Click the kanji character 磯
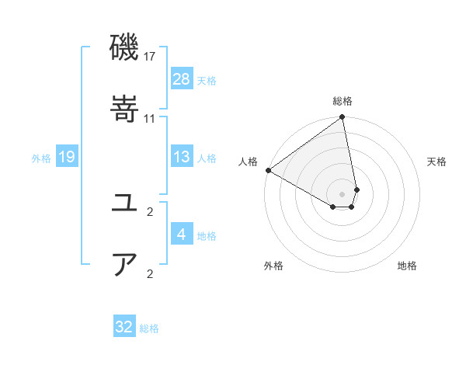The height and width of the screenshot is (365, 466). click(125, 48)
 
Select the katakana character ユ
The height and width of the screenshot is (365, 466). click(125, 203)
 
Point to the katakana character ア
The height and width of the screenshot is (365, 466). click(125, 264)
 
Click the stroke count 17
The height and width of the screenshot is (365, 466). click(150, 57)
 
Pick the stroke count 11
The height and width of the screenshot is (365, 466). click(150, 118)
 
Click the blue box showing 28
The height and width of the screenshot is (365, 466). click(182, 79)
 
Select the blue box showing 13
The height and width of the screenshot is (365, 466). click(182, 157)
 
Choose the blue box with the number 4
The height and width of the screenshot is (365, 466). click(182, 235)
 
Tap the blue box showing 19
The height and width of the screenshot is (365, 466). click(67, 157)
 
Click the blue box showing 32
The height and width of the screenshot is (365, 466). click(124, 327)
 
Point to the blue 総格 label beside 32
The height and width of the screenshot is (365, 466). click(149, 328)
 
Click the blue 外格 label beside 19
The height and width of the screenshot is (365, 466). click(41, 158)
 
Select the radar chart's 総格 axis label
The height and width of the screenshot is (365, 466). click(343, 101)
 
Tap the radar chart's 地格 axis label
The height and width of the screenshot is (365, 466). click(407, 266)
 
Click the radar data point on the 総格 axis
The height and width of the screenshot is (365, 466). click(343, 118)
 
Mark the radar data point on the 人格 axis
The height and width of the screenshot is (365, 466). click(268, 170)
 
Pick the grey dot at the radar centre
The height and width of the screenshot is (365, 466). click(343, 193)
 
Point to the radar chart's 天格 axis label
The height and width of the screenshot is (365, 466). click(436, 162)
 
